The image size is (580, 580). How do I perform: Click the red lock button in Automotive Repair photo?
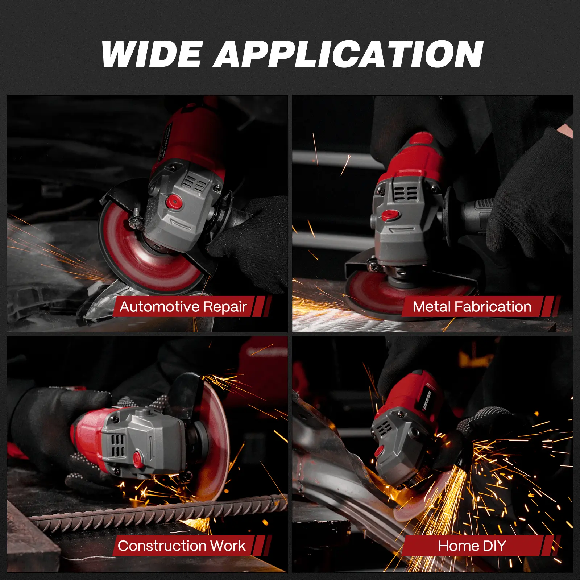(x=174, y=201)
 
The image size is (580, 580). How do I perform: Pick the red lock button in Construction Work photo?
(x=138, y=460)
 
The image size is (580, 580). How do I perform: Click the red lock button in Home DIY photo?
(x=379, y=451)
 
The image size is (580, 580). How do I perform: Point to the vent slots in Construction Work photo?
(x=117, y=446)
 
